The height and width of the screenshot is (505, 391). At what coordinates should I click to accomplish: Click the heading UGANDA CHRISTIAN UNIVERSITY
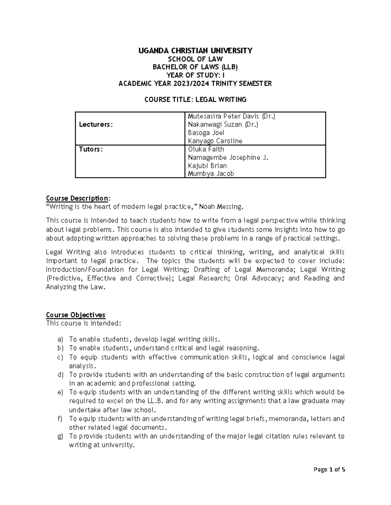[x=195, y=50]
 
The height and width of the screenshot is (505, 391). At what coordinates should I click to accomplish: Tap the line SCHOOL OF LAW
[x=195, y=59]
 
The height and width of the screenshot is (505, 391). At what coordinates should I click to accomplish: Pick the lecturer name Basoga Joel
[x=206, y=133]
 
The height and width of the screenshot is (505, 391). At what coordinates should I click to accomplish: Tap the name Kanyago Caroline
[x=215, y=141]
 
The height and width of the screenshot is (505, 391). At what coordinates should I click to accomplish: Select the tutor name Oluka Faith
[x=206, y=149]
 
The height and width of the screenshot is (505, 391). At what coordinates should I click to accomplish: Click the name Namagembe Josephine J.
[x=228, y=157]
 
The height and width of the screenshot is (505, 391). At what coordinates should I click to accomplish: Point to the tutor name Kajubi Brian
[x=207, y=166]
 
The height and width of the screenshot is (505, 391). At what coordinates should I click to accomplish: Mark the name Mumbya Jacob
[x=211, y=174]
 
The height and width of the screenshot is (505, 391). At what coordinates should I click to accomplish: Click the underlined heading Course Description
[x=77, y=198]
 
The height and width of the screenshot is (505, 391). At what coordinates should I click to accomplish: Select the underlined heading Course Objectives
[x=76, y=315]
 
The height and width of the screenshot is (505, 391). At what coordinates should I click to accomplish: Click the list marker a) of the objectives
[x=60, y=339]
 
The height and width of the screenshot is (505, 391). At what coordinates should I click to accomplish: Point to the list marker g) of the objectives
[x=60, y=436]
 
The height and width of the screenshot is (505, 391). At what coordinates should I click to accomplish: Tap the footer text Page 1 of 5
[x=329, y=479]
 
